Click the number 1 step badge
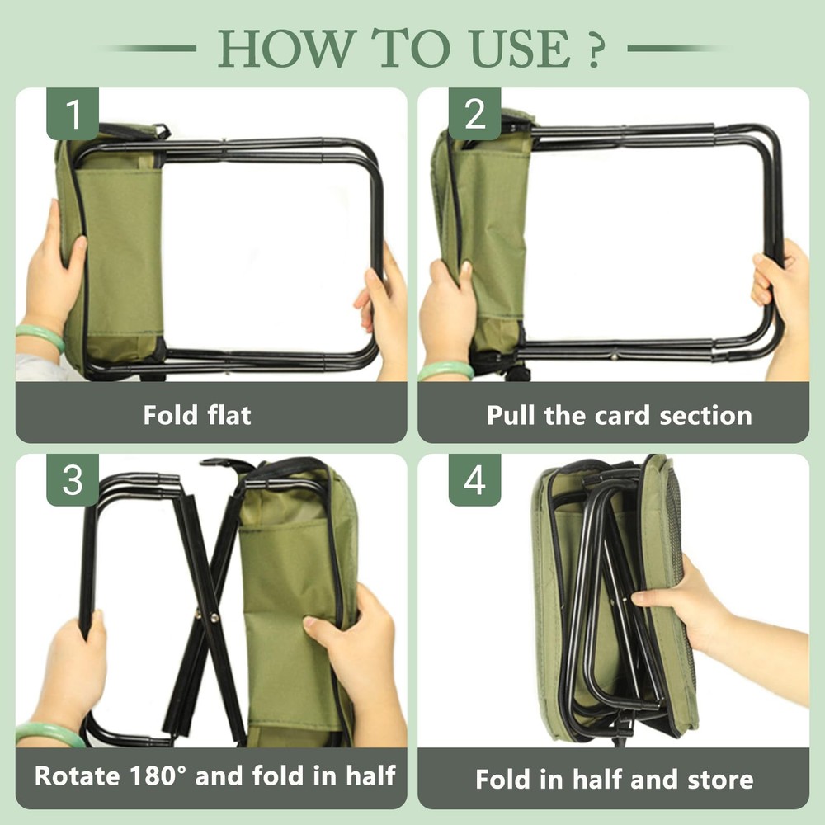click(x=73, y=115)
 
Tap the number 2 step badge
click(x=475, y=115)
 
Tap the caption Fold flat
click(x=197, y=414)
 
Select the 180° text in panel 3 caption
click(x=168, y=775)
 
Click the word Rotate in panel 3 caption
click(x=77, y=775)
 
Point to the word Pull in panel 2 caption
click(x=511, y=414)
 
